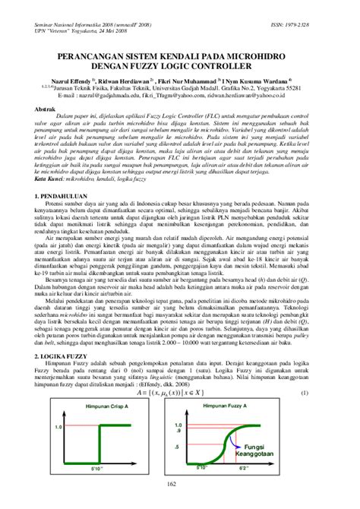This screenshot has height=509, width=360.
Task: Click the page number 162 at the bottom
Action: coord(180,504)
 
